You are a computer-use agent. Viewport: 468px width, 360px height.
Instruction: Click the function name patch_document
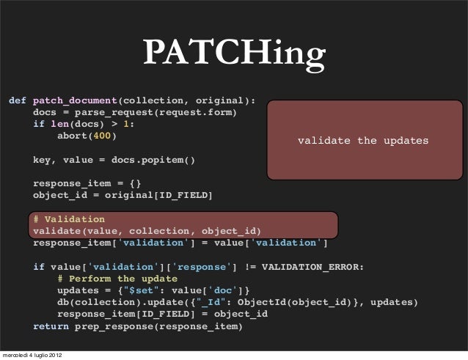click(x=75, y=100)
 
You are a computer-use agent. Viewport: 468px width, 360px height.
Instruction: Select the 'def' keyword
click(x=18, y=100)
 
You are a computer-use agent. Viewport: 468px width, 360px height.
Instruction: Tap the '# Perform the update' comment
click(x=117, y=279)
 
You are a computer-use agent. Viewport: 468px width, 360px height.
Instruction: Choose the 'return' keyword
click(x=51, y=326)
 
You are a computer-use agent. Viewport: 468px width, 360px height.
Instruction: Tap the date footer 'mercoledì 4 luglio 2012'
click(x=32, y=355)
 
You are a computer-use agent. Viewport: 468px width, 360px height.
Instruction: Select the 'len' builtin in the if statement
click(x=60, y=124)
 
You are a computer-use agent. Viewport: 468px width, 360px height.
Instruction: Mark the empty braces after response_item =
click(x=134, y=183)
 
